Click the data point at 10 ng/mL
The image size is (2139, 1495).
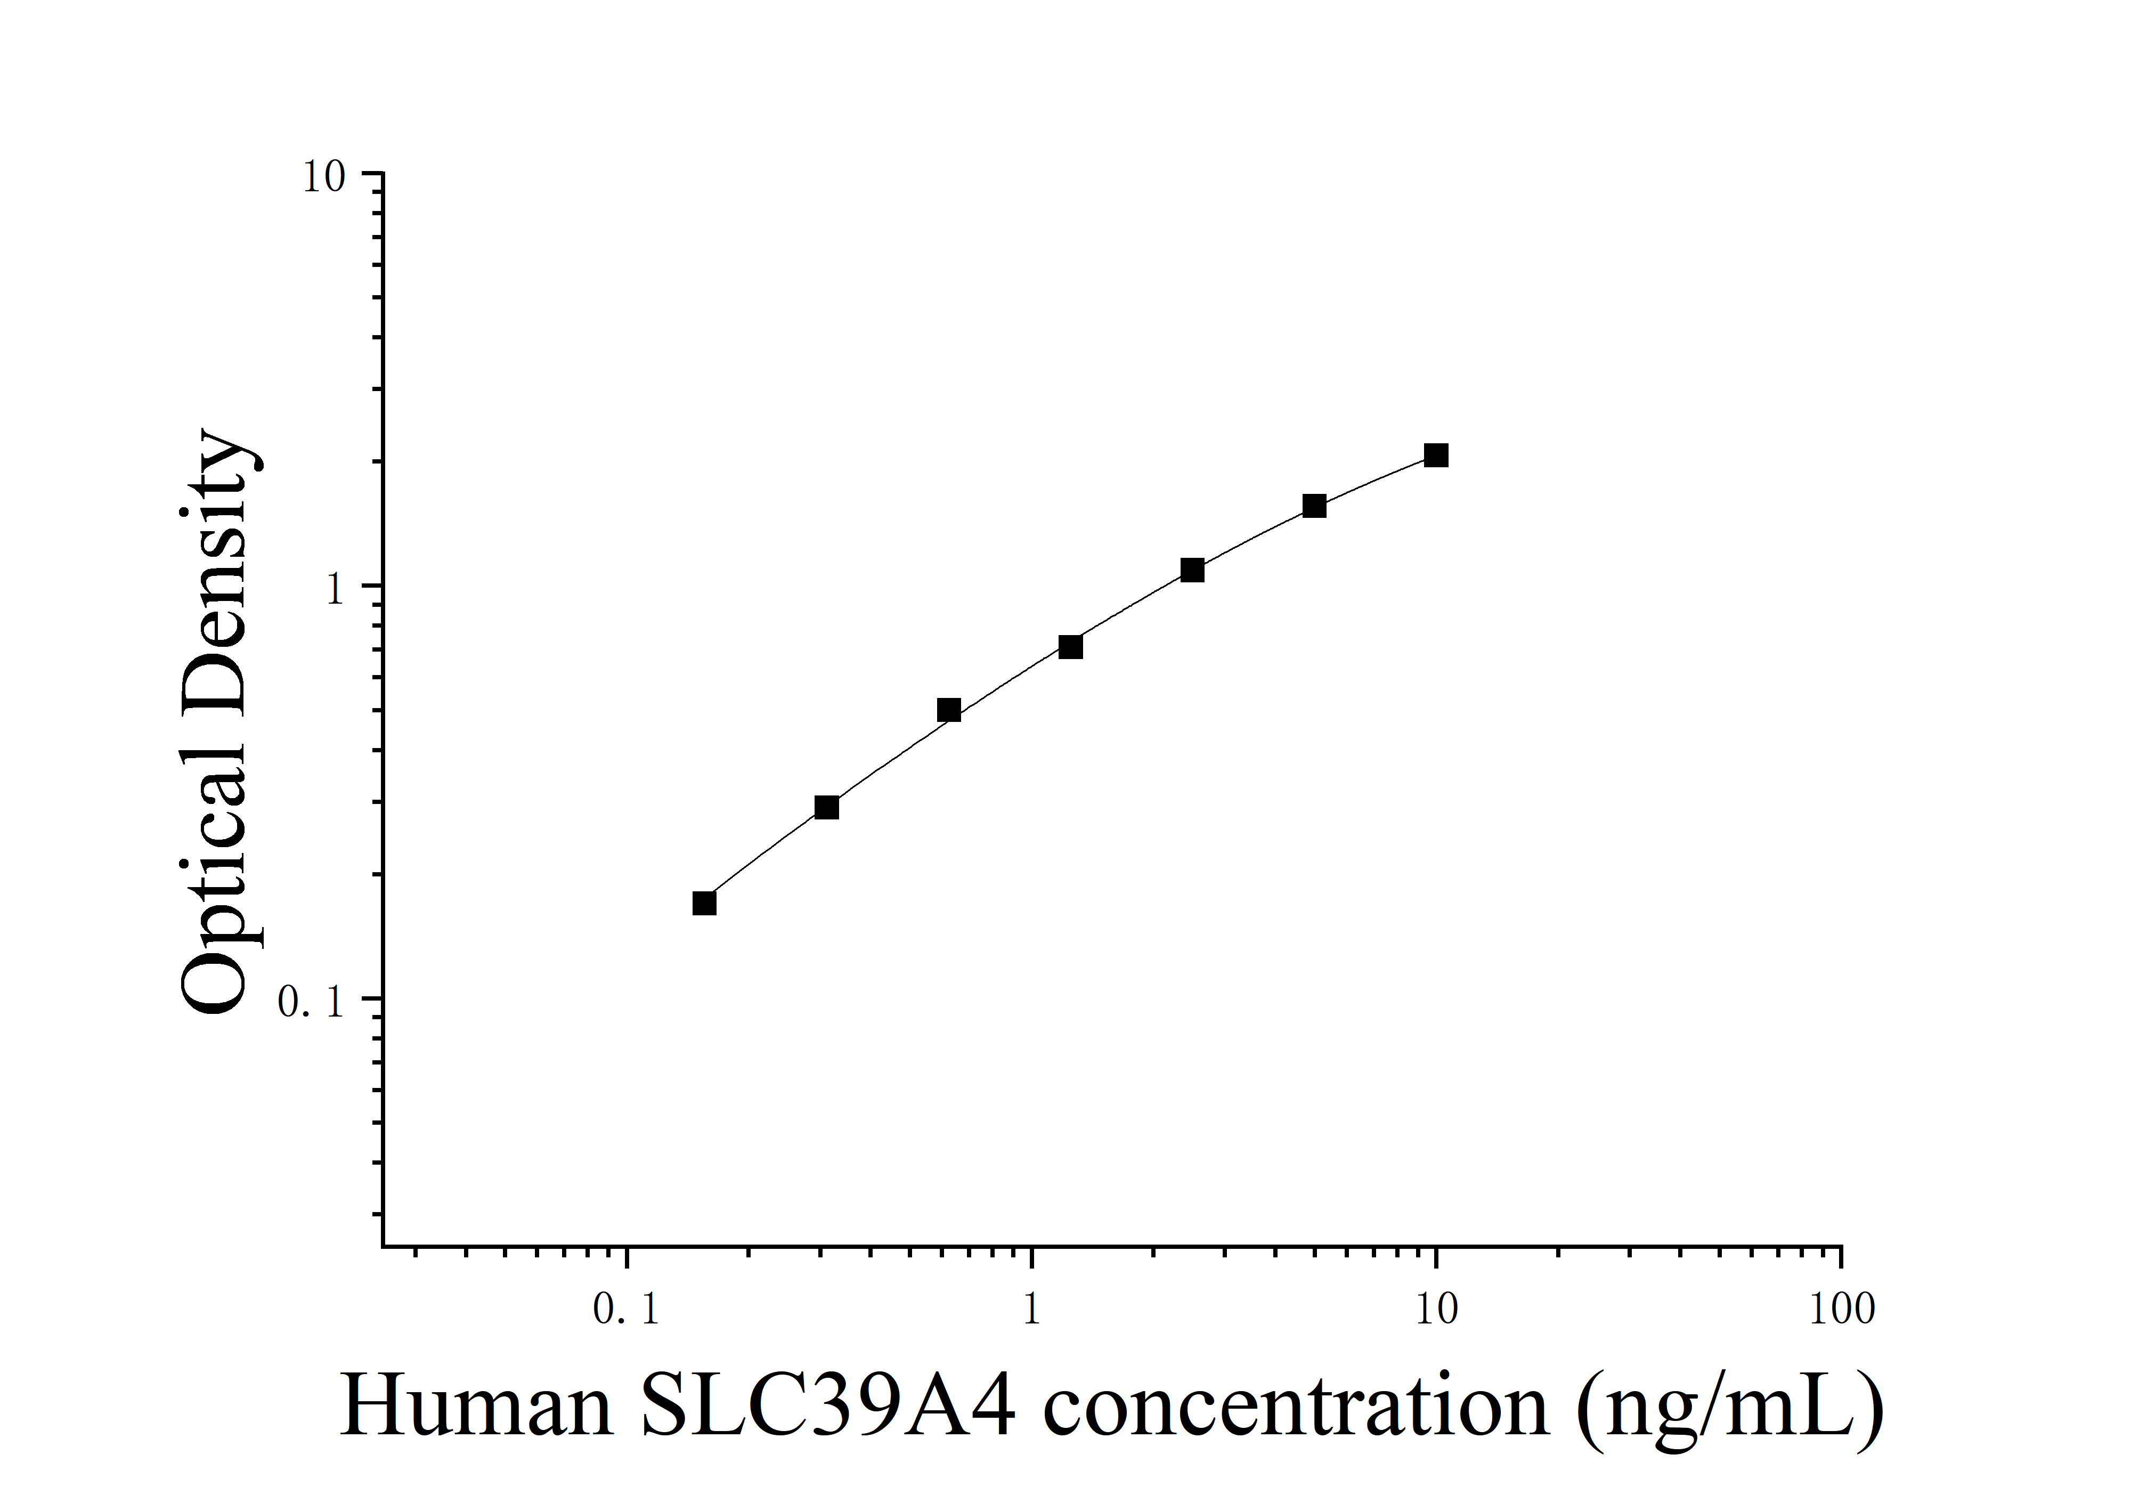1436,456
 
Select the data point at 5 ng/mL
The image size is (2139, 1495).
1314,506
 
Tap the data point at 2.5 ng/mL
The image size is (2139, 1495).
1192,570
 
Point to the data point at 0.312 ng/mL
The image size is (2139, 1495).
826,807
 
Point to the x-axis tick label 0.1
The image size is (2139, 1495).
626,1310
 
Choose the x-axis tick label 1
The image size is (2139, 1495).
1031,1310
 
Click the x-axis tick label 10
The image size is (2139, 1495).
1436,1310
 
